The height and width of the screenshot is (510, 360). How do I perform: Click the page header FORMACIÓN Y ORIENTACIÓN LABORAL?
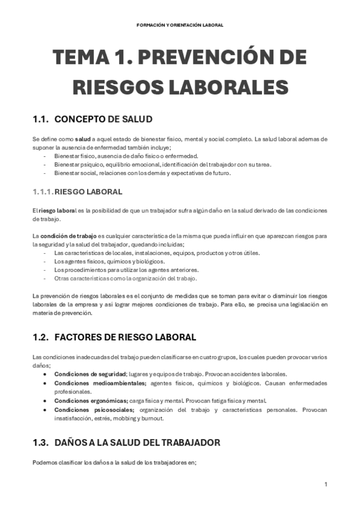(x=180, y=25)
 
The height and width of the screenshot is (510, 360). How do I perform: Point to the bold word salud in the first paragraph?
(x=82, y=139)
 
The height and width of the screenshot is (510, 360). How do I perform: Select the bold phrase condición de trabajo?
(x=64, y=236)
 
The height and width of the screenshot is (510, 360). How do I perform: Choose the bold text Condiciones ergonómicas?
(x=90, y=401)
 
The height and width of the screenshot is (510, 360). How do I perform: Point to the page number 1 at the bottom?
(x=325, y=485)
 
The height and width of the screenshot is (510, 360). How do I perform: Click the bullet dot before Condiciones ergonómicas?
(x=46, y=401)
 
